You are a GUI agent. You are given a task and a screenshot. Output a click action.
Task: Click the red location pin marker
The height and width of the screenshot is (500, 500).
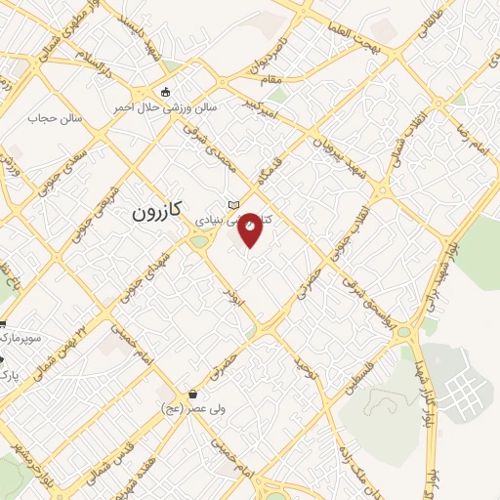(x=250, y=229)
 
